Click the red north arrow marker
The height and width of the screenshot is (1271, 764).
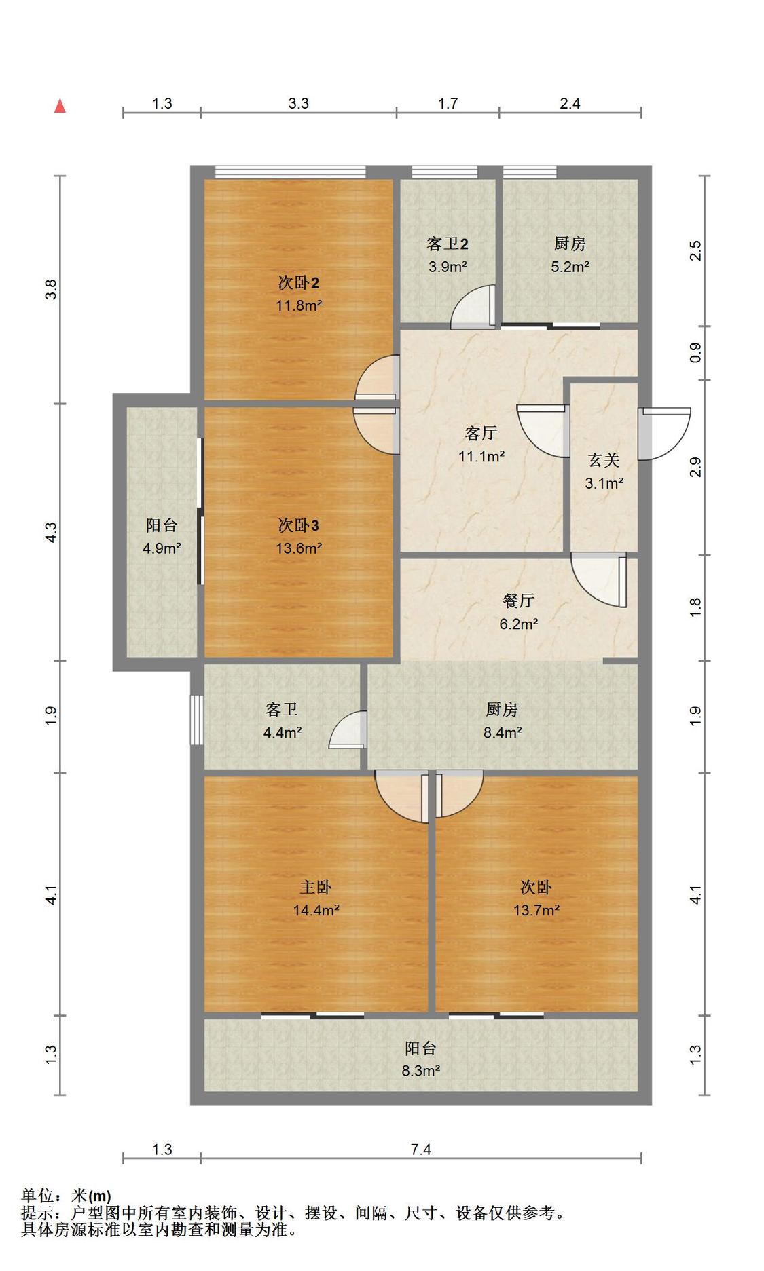click(60, 105)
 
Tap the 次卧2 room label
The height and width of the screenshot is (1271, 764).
click(298, 282)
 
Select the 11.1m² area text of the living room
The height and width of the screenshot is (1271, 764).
click(481, 456)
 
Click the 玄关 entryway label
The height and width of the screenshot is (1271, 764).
click(604, 460)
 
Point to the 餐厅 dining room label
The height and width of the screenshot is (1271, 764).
click(518, 600)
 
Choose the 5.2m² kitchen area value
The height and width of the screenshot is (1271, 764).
click(570, 267)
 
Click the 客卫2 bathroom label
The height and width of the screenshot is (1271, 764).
click(448, 244)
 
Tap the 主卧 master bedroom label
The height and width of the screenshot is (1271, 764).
click(316, 887)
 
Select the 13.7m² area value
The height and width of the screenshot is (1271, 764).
click(536, 910)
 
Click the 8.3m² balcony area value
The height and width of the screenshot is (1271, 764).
click(420, 1071)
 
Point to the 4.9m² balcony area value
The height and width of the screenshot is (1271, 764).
click(162, 548)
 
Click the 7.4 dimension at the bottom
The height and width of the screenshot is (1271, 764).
click(420, 1149)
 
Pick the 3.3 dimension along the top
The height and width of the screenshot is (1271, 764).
click(298, 103)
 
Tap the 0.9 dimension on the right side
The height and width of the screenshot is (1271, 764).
click(695, 352)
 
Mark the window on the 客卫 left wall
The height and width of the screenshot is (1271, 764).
click(196, 719)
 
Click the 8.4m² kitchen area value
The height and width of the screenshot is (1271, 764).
click(503, 732)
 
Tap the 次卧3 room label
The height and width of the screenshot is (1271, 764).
click(298, 525)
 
